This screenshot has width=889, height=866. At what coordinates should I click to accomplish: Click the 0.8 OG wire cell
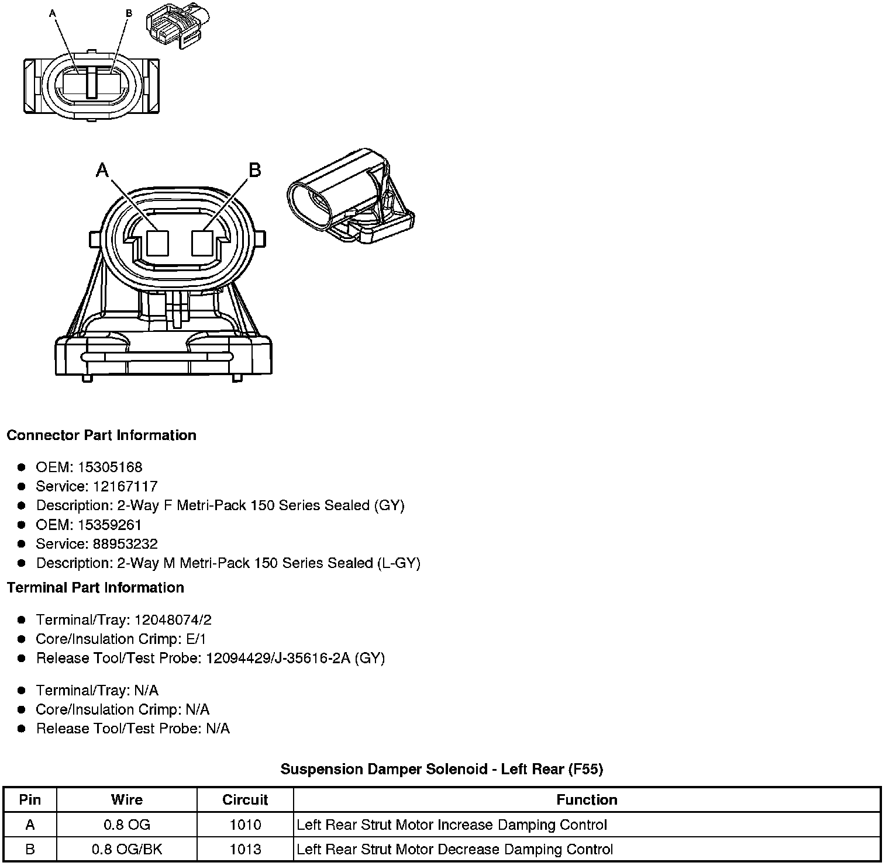127,825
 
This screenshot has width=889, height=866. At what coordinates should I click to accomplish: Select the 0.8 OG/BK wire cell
127,849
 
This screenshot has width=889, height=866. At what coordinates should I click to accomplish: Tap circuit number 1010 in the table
245,825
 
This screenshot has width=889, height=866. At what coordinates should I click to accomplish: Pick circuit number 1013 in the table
245,849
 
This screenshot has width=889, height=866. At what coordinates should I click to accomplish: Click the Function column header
587,799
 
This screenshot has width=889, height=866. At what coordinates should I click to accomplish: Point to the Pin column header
30,799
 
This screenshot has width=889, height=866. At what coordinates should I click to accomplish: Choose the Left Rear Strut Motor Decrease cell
454,849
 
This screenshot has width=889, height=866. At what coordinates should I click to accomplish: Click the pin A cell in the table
30,825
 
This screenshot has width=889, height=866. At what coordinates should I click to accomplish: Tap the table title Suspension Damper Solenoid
442,768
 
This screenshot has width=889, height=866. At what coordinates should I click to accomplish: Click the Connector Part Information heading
101,435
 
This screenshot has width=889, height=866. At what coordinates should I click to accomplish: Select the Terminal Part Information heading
95,587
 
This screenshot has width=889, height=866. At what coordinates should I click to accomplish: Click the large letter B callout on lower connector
254,170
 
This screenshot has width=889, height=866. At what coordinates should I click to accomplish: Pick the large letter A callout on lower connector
102,170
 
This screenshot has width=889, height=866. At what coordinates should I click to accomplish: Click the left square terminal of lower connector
157,243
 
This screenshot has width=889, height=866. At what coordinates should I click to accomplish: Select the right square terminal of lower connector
202,243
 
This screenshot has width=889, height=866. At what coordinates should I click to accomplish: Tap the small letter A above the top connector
53,13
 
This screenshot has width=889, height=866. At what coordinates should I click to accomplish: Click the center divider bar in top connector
91,82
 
